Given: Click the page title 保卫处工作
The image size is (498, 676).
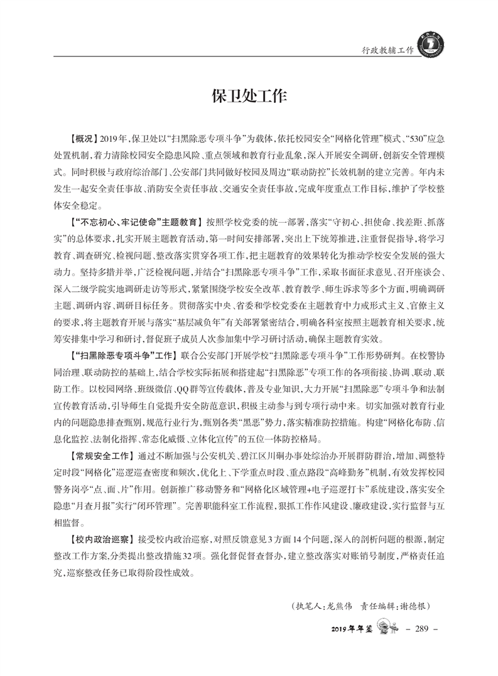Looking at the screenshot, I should (249, 97).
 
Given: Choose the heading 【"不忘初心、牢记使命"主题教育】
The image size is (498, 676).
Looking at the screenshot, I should (136, 222).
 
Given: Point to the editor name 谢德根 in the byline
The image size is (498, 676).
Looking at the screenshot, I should (413, 607).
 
